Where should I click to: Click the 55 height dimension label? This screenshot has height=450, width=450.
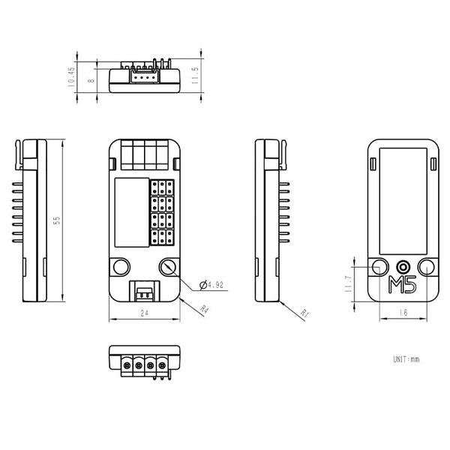click(56, 220)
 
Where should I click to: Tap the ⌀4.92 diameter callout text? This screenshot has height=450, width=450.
click(213, 284)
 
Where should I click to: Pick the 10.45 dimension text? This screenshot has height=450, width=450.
click(72, 76)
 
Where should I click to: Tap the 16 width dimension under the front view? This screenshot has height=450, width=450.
click(403, 313)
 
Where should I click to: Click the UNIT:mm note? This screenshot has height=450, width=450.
click(406, 359)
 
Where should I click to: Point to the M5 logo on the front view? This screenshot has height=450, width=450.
click(403, 284)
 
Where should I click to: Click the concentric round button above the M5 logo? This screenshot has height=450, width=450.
click(403, 266)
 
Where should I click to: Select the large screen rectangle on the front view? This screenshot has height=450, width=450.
click(403, 200)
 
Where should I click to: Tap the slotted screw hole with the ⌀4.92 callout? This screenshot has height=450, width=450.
click(169, 266)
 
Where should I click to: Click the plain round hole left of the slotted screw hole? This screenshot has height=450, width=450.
click(120, 266)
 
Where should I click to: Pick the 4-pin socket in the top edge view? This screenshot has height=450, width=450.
click(144, 76)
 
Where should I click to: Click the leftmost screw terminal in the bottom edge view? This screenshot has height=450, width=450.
click(126, 365)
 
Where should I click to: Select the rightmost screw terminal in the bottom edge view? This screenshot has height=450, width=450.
click(160, 365)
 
